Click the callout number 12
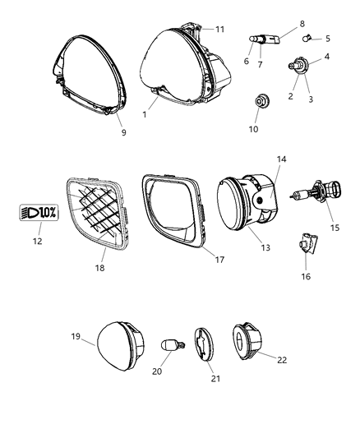(36, 241)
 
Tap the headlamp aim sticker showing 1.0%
(38, 213)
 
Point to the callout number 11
(220, 29)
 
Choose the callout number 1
(144, 114)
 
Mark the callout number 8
(278, 24)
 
